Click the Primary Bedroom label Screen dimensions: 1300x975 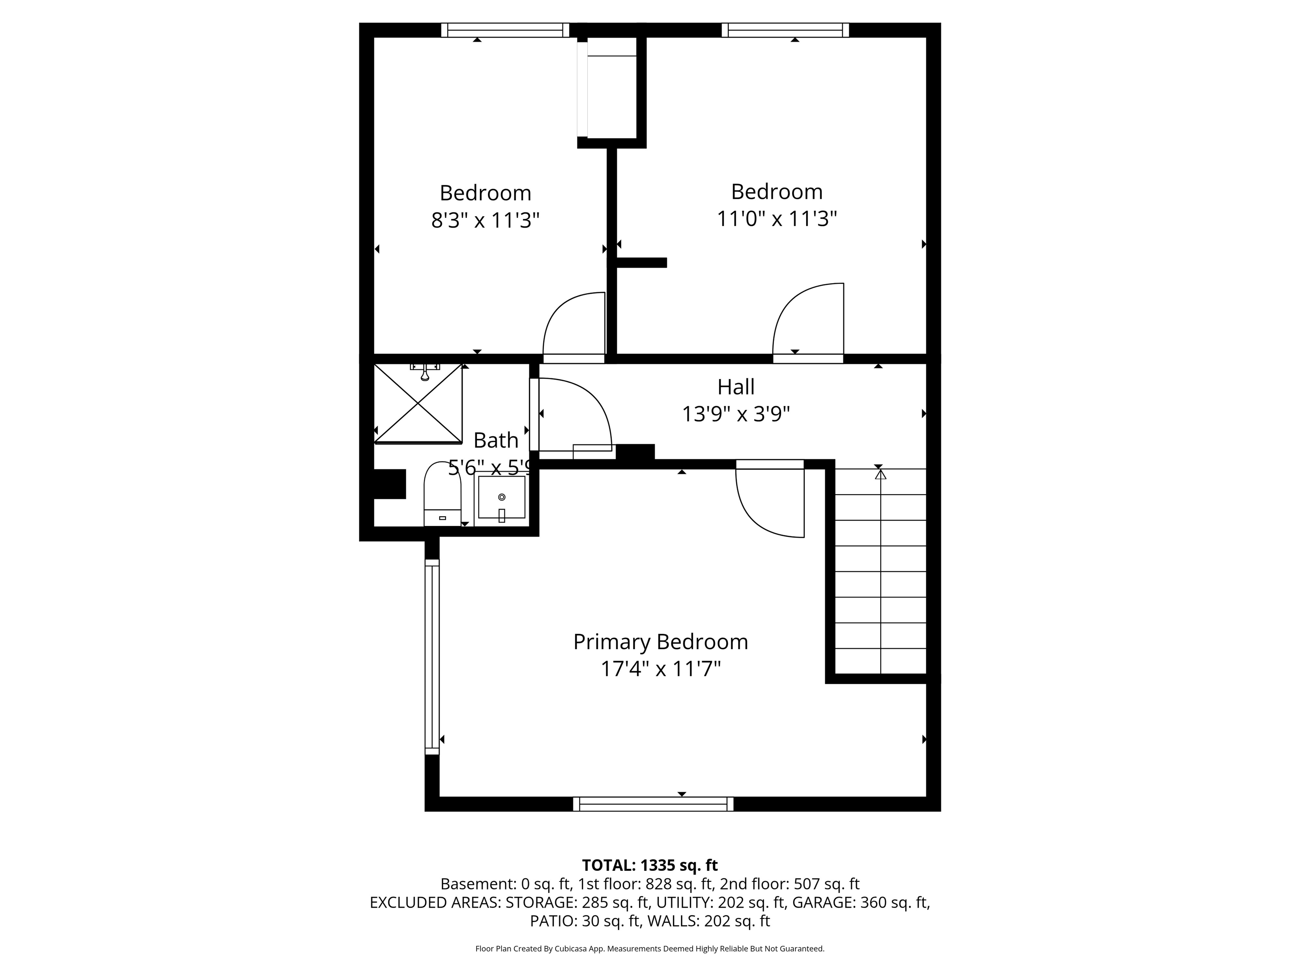coord(661,642)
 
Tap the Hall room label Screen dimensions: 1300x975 coord(736,387)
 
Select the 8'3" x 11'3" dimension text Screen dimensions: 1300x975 coord(485,220)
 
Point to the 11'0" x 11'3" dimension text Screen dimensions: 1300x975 coord(777,219)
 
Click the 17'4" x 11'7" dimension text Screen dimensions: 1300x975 coord(661,669)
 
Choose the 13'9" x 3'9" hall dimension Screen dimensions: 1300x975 coord(736,414)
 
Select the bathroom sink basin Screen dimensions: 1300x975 coord(501,497)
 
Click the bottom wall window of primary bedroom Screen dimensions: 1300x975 coord(653,804)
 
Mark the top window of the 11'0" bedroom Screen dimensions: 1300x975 coord(785,30)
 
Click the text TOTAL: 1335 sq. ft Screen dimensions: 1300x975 coord(650,865)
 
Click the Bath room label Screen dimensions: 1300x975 coord(496,440)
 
